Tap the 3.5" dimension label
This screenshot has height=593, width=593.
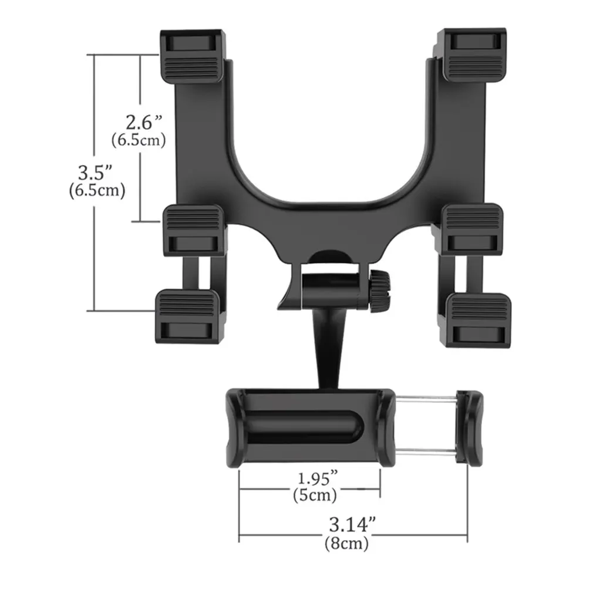(95, 173)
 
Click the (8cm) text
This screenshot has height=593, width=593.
(346, 544)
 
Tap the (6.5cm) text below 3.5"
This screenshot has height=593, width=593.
(96, 191)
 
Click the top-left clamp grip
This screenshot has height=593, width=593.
(192, 56)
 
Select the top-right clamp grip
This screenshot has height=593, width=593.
(474, 56)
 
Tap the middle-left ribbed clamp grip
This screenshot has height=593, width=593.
(194, 229)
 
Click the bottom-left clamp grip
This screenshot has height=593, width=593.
(187, 317)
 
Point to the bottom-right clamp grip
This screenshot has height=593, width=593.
(478, 319)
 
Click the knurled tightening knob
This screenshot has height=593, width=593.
(380, 291)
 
